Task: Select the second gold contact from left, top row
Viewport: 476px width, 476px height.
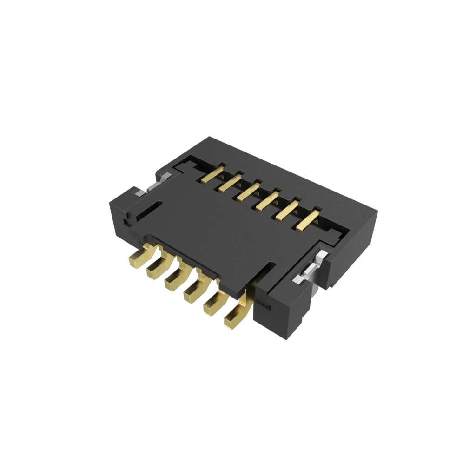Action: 230,182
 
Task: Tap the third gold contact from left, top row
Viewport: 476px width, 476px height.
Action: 248,191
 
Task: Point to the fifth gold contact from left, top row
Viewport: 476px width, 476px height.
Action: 287,210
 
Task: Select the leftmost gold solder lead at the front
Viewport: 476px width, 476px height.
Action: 139,258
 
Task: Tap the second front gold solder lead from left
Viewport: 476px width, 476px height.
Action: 157,270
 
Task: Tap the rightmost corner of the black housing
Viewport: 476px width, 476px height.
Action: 377,212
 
